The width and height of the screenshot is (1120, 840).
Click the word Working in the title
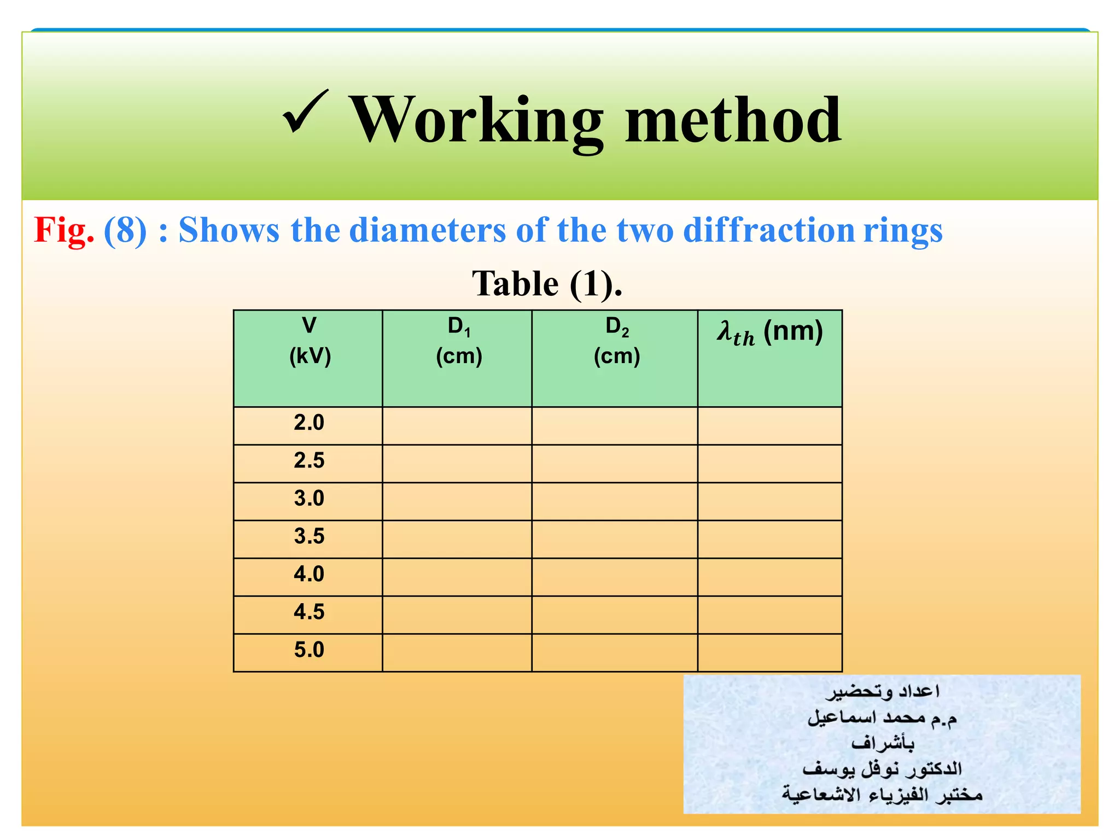475,120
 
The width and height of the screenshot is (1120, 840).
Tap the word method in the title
733,120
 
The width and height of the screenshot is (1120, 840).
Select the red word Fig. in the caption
63,230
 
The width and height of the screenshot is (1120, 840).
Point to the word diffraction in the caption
768,230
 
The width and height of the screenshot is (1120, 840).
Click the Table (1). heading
547,284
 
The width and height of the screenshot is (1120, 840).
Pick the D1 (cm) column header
458,341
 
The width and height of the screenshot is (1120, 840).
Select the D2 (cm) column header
616,341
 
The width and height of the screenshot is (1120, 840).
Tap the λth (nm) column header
769,332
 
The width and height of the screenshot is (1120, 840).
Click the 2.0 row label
308,423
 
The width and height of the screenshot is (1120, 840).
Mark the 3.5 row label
308,536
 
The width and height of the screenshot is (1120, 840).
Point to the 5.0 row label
308,650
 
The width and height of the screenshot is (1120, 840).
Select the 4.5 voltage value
308,612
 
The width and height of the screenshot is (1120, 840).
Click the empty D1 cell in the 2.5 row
457,463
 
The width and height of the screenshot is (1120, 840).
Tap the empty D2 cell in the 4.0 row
615,577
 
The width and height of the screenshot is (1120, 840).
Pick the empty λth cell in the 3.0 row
769,501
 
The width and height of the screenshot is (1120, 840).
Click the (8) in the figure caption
125,230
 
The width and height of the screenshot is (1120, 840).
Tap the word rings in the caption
903,230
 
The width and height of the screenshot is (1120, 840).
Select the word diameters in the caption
427,230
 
